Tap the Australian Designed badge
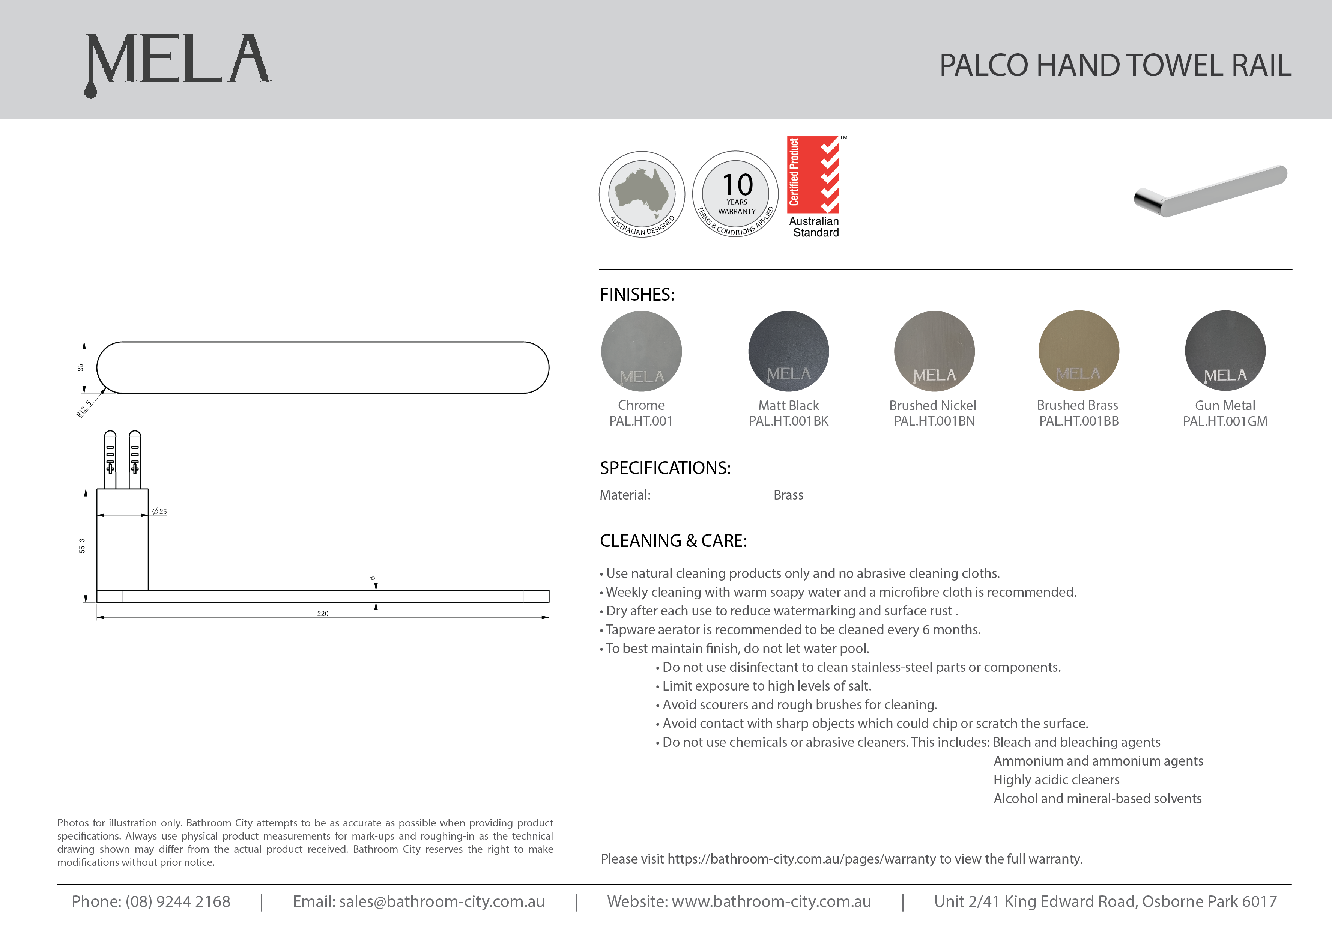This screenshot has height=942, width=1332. click(x=642, y=194)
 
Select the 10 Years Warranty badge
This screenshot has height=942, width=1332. click(x=736, y=194)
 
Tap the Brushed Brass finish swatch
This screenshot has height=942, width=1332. click(x=1078, y=351)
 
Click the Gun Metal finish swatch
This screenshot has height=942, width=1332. click(x=1225, y=351)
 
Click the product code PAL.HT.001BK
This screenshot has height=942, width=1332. click(x=788, y=421)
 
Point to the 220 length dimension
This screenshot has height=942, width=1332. click(x=323, y=614)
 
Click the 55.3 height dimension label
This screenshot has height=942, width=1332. click(x=82, y=546)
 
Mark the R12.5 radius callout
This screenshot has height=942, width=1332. click(x=84, y=409)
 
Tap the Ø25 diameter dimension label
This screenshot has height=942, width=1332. click(x=159, y=511)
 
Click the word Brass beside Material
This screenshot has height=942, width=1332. click(x=788, y=495)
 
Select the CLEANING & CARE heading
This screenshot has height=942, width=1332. click(x=673, y=541)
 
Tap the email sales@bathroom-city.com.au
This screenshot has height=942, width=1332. click(x=442, y=901)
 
